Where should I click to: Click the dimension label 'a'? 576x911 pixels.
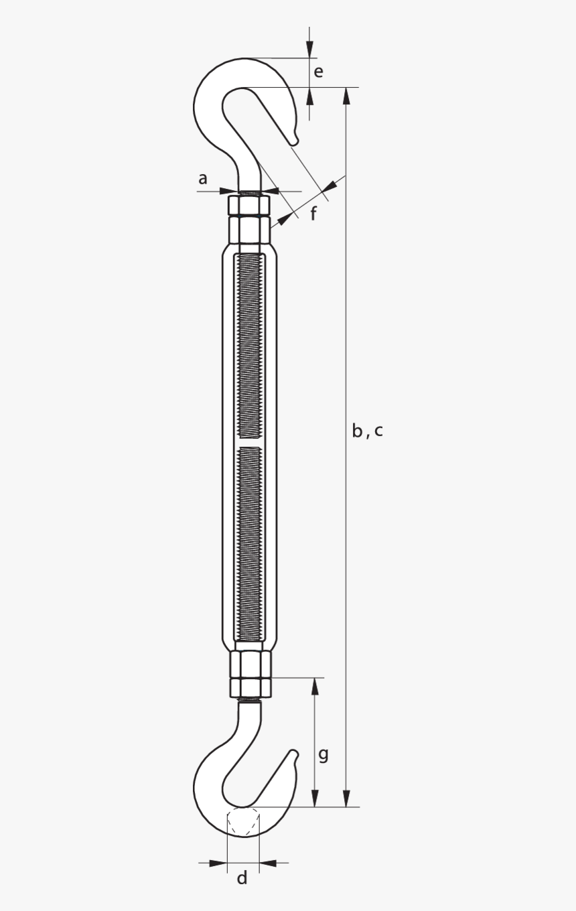tap(202, 179)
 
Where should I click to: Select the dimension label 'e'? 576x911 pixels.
tap(318, 72)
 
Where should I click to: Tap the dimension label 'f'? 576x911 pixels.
tap(313, 214)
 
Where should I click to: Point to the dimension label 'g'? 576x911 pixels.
tap(323, 754)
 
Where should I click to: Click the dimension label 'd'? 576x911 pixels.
tap(242, 878)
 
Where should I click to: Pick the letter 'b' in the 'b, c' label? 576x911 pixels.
tap(358, 431)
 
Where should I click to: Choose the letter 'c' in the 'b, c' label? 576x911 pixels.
tap(378, 431)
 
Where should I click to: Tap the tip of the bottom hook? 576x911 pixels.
tap(293, 754)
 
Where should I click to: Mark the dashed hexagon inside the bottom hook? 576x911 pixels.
tap(243, 822)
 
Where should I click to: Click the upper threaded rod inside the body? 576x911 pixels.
tap(249, 348)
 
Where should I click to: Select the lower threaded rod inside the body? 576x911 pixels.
tap(249, 543)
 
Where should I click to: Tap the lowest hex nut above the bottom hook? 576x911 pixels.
tap(250, 687)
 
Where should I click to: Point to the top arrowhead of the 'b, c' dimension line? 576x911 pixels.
tap(346, 95)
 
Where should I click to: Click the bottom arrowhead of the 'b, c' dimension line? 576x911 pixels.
tap(346, 798)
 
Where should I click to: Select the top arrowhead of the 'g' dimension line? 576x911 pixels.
tap(315, 686)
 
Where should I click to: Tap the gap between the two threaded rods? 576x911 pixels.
tap(249, 443)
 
